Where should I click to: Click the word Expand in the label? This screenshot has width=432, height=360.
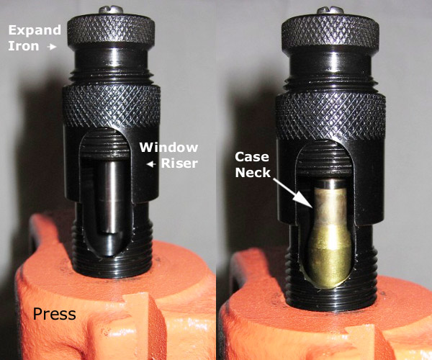tap(30, 30)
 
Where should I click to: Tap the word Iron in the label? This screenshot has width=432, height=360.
tap(19, 46)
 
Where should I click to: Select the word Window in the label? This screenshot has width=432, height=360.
tap(168, 148)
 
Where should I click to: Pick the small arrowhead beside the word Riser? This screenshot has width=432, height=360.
tap(151, 164)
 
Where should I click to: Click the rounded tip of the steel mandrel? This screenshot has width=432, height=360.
tap(110, 241)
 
